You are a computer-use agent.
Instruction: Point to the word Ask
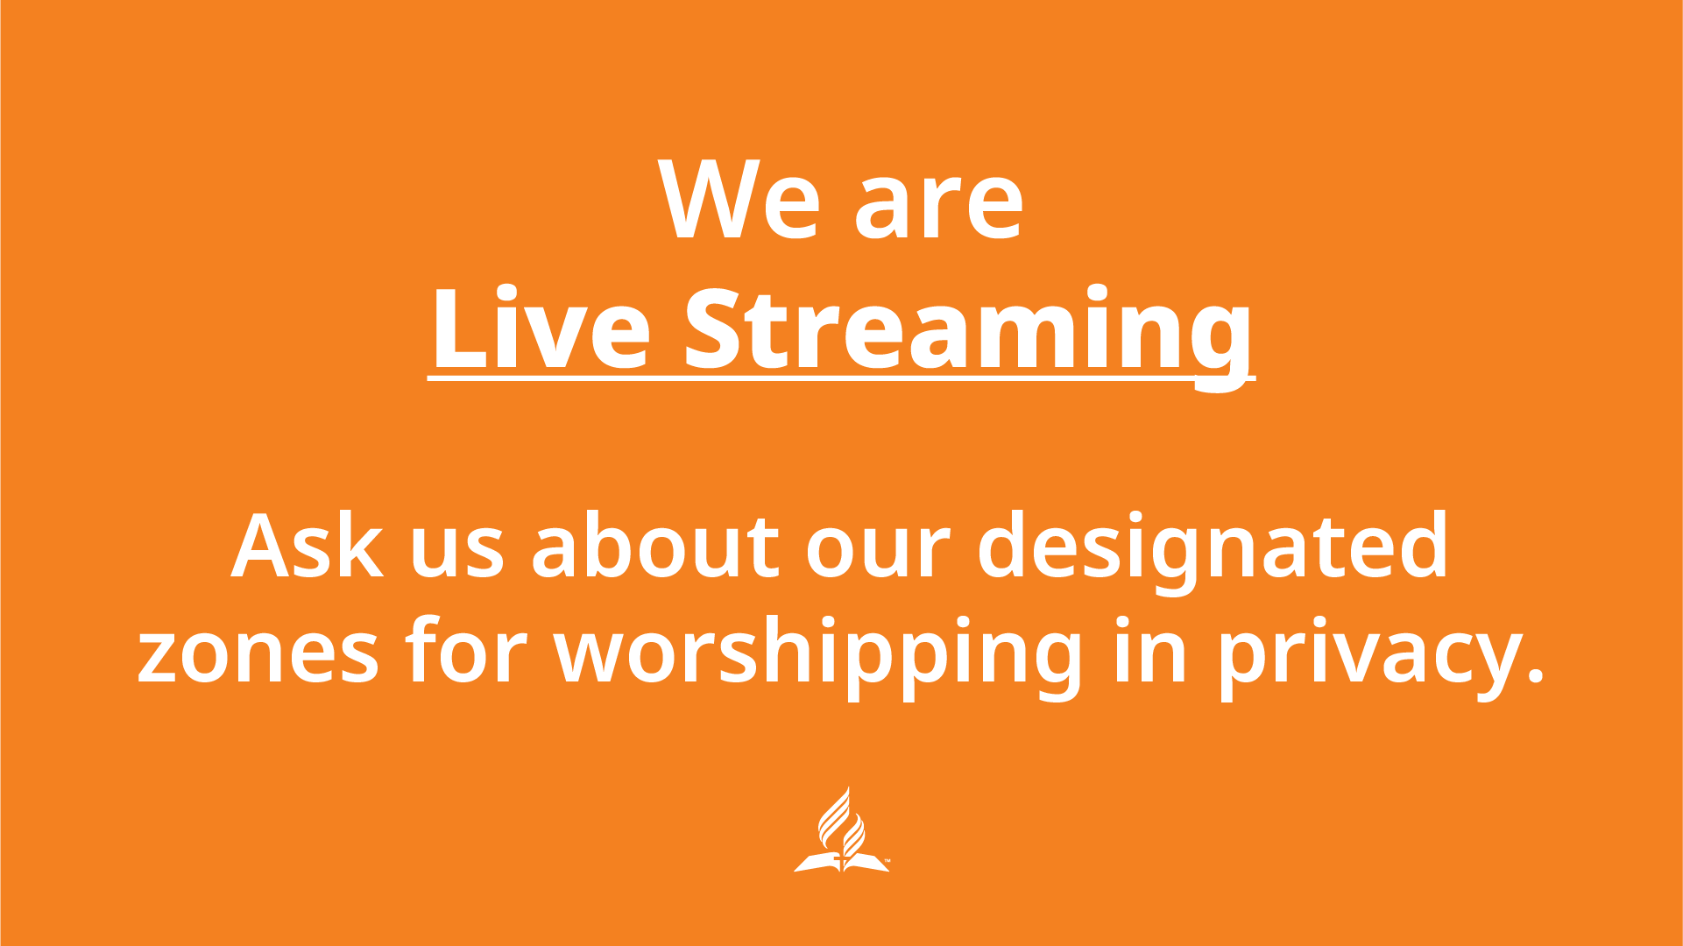(307, 547)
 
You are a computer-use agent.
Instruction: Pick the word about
(654, 547)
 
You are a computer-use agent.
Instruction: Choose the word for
(465, 653)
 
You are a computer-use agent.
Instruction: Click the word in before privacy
(1150, 653)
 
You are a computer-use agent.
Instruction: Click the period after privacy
(1534, 676)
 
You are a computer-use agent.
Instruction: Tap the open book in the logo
(840, 863)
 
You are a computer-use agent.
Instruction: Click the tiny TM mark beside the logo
(887, 862)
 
